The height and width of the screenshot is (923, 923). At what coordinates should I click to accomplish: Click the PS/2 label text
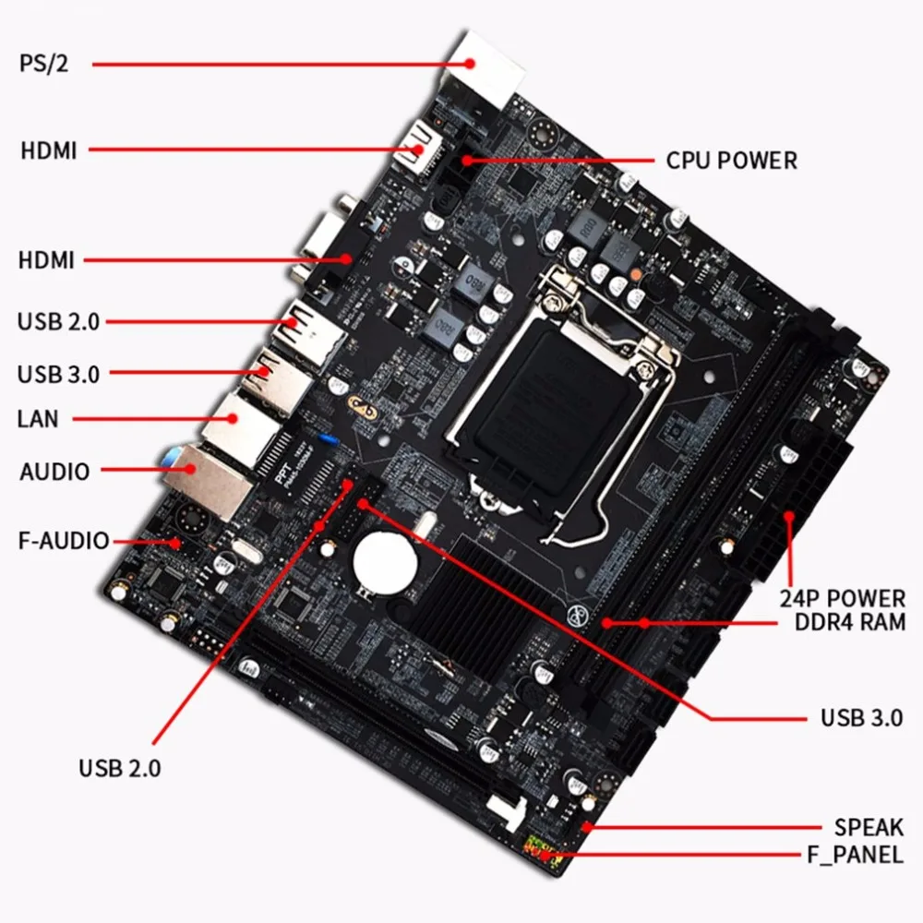43,63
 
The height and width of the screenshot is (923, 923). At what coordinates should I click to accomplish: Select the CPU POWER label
732,160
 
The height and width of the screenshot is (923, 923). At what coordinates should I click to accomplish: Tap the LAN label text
38,419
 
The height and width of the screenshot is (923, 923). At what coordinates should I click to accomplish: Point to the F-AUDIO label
64,540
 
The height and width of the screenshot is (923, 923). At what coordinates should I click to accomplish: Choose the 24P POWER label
843,599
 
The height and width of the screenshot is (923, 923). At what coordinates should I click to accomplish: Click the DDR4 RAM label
850,622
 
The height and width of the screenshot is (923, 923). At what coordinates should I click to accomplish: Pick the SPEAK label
869,827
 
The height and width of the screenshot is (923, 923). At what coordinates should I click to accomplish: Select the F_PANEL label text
855,855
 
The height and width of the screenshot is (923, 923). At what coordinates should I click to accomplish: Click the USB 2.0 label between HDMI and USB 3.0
58,322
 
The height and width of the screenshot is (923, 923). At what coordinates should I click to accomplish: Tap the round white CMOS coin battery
385,563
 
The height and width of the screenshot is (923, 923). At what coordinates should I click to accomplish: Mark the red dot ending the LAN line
233,418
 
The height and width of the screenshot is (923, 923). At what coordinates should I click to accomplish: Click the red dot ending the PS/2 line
469,64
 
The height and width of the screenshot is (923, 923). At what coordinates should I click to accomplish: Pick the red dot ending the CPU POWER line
467,160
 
